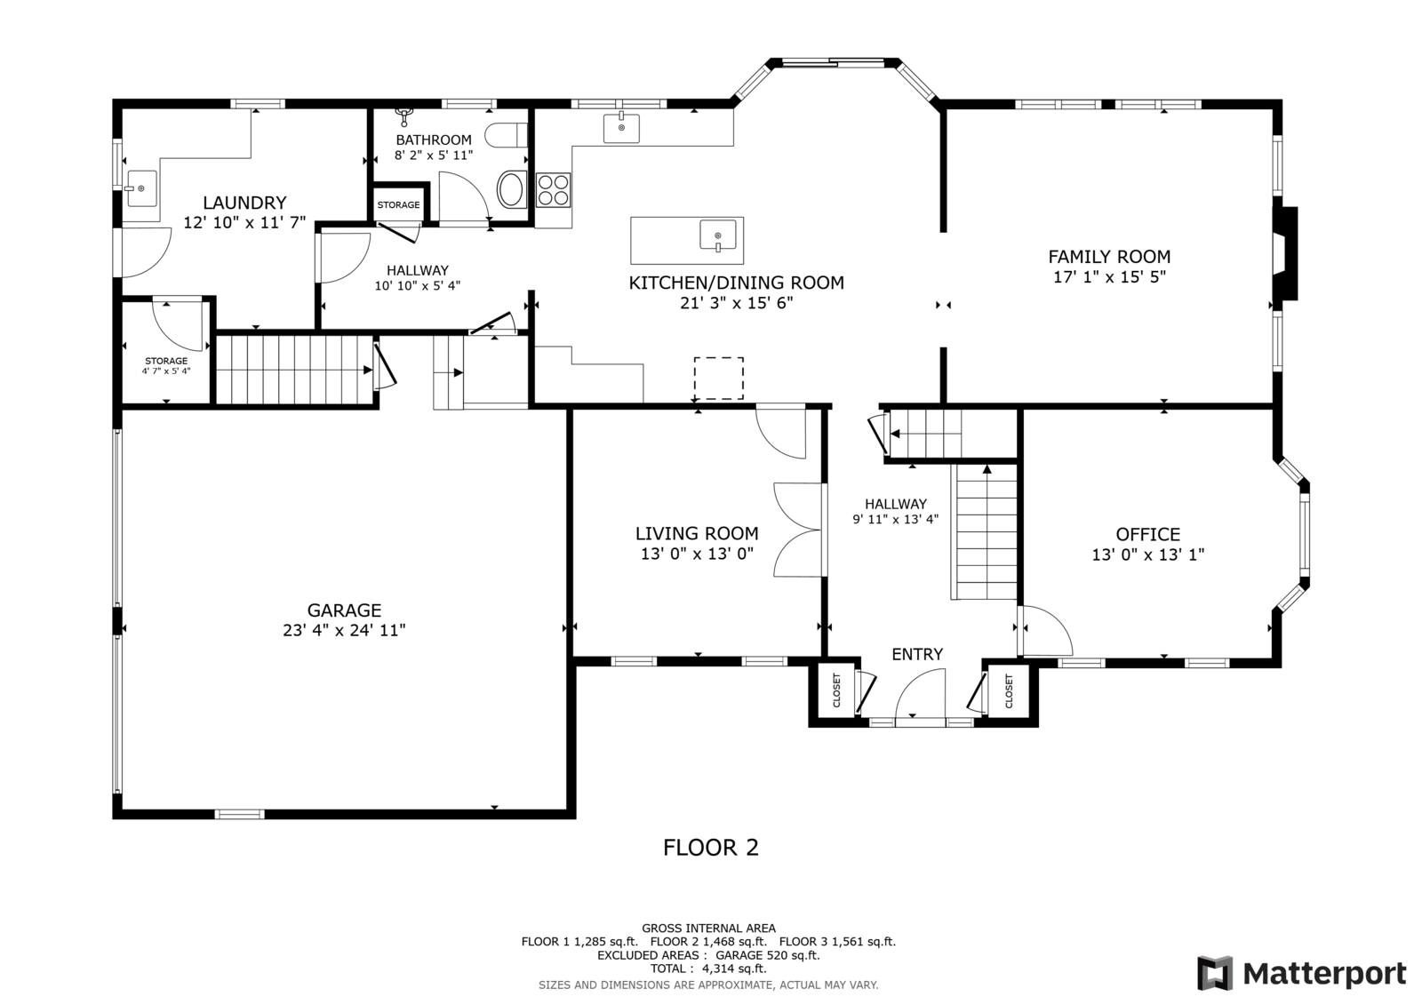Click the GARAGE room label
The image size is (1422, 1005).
(x=344, y=610)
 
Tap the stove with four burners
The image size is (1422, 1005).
(x=553, y=190)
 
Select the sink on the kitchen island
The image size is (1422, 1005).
(x=718, y=235)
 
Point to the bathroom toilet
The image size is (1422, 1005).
(x=506, y=135)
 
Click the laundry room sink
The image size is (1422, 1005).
(x=141, y=188)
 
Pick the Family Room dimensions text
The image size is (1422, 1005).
(x=1109, y=277)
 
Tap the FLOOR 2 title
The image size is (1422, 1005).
(x=710, y=848)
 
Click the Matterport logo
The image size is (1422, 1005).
(x=1301, y=973)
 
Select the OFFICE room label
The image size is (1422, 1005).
(x=1147, y=534)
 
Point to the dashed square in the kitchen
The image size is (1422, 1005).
(x=719, y=379)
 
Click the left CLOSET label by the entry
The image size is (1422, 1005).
(x=836, y=690)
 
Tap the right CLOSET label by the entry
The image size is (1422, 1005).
(x=1009, y=690)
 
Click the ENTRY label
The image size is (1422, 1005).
(x=916, y=654)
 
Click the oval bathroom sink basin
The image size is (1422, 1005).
(x=510, y=189)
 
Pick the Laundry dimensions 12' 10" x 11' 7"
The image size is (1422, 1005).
(x=244, y=223)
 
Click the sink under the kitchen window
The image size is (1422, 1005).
(x=621, y=128)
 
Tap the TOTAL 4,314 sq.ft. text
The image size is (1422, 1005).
(x=708, y=969)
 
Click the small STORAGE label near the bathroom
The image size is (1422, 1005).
(x=399, y=205)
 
